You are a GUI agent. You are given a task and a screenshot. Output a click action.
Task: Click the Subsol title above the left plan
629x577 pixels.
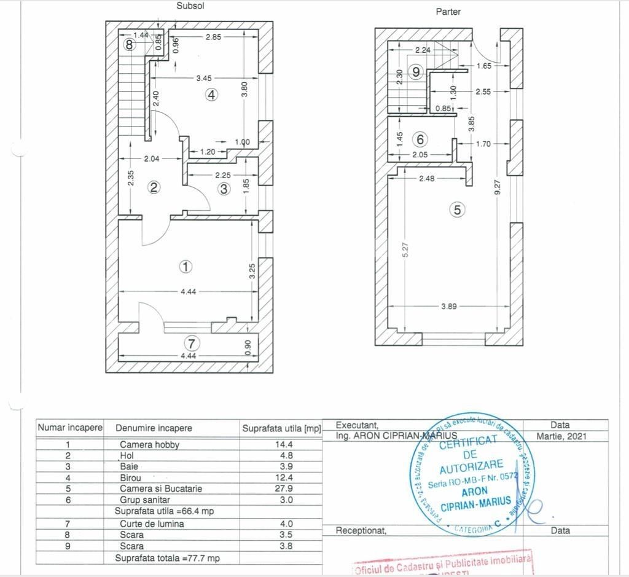click(190, 6)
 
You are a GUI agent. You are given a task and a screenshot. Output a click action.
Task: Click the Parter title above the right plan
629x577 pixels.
click(448, 12)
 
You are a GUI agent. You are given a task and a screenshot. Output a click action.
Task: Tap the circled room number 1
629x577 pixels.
click(186, 267)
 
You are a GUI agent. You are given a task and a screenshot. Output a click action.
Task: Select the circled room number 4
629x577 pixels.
click(211, 95)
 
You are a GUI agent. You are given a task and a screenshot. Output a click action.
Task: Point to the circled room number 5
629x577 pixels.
click(456, 210)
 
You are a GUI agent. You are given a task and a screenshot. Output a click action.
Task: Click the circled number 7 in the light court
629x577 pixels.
click(192, 343)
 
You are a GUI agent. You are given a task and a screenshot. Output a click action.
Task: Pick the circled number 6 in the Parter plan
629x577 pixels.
click(420, 139)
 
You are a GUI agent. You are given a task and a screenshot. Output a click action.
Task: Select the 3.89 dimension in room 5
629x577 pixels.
click(449, 307)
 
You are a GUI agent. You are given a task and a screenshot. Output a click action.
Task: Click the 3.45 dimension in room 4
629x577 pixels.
click(204, 78)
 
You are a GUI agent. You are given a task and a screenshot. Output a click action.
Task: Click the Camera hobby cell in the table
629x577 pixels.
click(149, 444)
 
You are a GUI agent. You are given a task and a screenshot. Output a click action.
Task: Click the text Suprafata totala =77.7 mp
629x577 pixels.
click(167, 558)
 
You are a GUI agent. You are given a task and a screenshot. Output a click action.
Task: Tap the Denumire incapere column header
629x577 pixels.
click(154, 428)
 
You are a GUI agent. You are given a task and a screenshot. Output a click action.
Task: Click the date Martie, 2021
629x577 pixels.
click(561, 436)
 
